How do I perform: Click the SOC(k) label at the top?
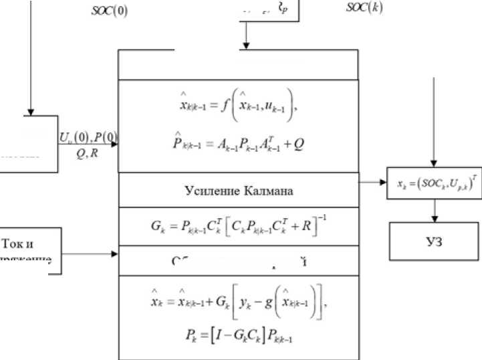(364, 8)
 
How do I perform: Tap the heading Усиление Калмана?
(239, 191)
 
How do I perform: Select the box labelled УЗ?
(435, 242)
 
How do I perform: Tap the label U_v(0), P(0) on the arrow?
(88, 138)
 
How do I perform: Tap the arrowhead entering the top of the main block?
(247, 46)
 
